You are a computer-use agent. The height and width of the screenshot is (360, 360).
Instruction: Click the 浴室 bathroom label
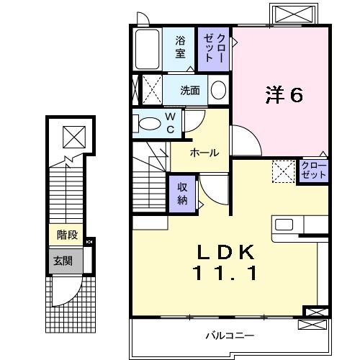[180, 47]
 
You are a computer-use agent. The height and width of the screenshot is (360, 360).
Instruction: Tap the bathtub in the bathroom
[148, 48]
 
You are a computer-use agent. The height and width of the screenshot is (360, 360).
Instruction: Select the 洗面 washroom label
[190, 91]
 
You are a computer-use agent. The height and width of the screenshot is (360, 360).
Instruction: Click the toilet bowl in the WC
[148, 122]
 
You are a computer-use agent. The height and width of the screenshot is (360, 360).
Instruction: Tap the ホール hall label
[204, 153]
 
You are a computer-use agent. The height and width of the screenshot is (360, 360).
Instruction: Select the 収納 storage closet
[183, 192]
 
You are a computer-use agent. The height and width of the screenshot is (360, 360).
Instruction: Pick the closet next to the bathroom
[214, 48]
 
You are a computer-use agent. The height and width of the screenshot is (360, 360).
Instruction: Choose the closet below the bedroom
[314, 171]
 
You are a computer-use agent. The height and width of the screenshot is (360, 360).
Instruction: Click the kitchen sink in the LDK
[284, 224]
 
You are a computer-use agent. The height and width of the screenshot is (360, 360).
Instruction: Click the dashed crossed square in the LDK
[283, 171]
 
